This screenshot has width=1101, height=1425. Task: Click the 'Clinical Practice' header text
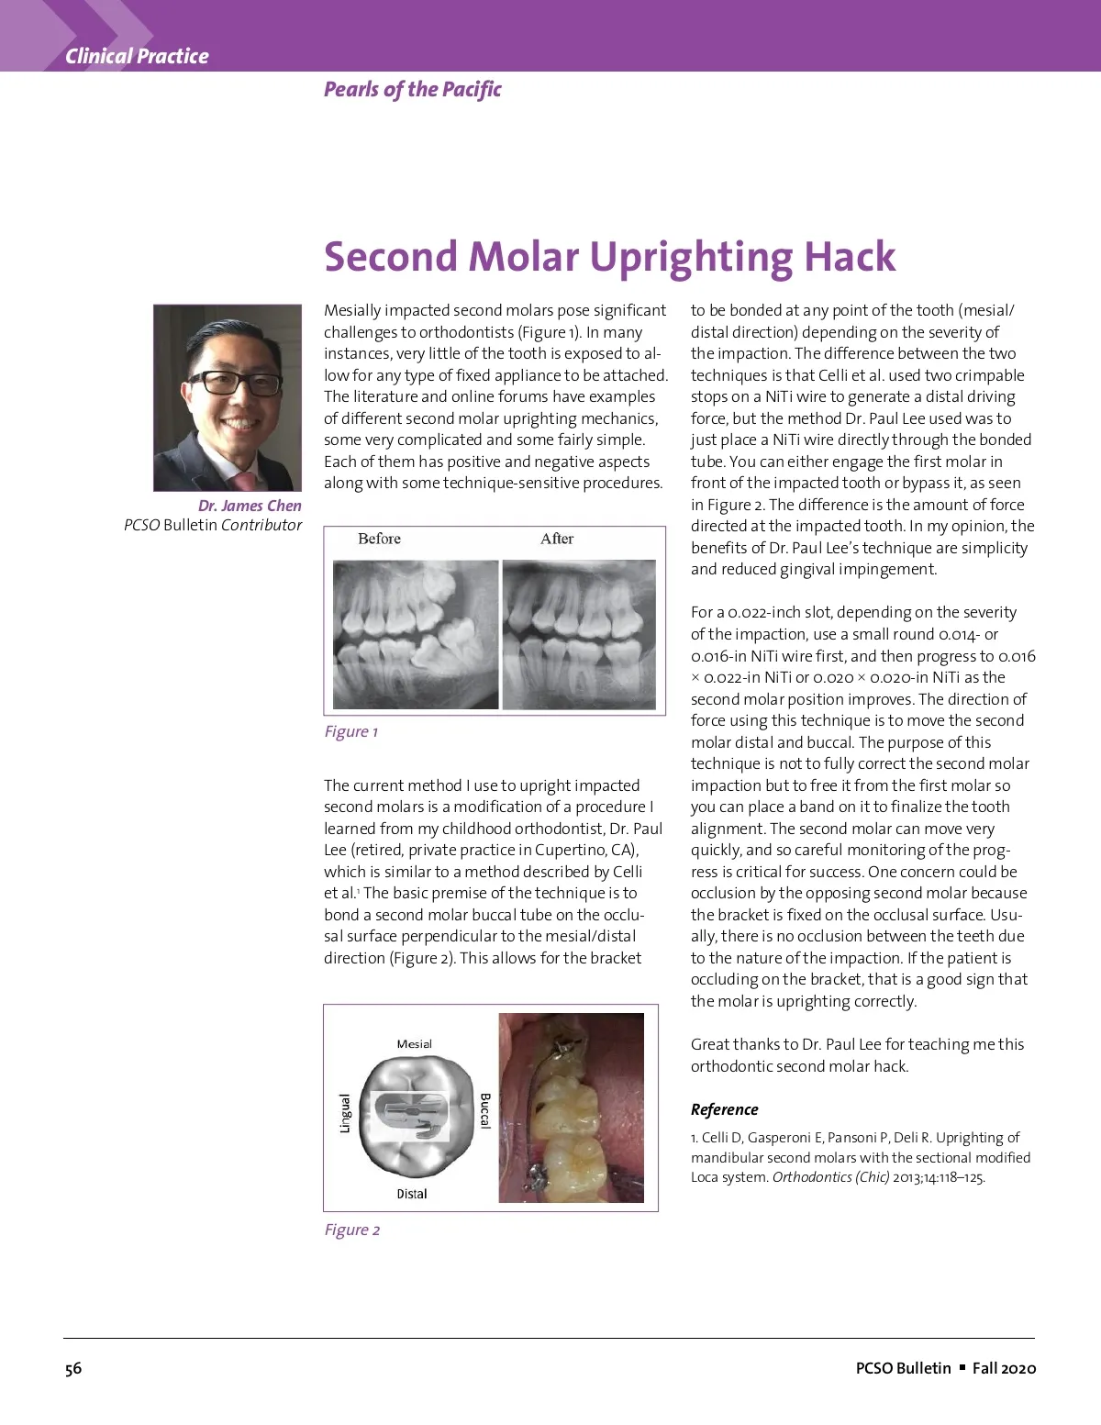click(137, 56)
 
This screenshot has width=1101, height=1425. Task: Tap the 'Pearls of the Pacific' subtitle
click(412, 89)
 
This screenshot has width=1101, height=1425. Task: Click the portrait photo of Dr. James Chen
click(228, 397)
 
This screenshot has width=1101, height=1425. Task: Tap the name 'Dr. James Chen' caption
click(250, 506)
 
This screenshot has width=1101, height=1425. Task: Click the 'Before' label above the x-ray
click(379, 539)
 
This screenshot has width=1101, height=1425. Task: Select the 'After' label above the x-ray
click(557, 539)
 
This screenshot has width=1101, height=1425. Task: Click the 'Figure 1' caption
click(350, 731)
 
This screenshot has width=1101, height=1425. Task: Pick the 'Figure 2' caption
click(351, 1230)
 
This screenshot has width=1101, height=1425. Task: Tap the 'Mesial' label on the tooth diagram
click(414, 1044)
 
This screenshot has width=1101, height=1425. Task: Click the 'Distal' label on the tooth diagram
click(412, 1194)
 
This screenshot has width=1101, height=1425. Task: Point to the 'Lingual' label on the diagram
click(345, 1113)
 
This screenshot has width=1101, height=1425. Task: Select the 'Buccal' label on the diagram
click(485, 1110)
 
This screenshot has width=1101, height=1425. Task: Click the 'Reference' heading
click(724, 1109)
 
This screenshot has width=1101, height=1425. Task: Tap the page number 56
click(73, 1368)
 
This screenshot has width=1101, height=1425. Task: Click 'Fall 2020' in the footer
click(1004, 1368)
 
